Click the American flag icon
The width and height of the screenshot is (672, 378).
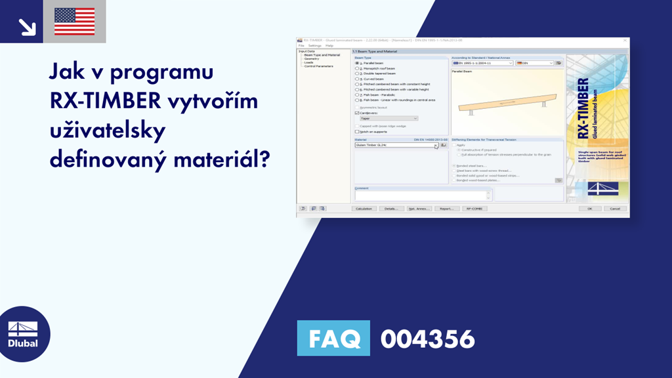[74, 21]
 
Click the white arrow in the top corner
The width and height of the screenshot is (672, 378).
[27, 26]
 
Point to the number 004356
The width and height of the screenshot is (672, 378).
[427, 339]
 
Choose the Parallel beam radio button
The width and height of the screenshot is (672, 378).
[357, 63]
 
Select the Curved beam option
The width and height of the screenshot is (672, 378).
[357, 79]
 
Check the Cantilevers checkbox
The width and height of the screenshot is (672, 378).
[357, 113]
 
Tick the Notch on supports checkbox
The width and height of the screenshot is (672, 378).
[357, 132]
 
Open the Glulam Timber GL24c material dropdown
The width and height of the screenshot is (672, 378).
[436, 145]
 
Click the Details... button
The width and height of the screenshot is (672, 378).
[391, 209]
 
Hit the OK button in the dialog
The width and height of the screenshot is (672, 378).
[589, 209]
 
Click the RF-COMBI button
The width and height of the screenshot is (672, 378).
[474, 209]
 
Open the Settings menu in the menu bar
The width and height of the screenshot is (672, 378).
[314, 45]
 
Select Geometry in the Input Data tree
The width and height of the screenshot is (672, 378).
[311, 58]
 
